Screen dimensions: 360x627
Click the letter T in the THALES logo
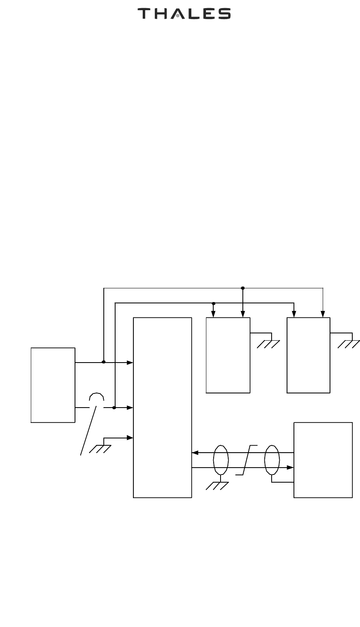tap(144, 14)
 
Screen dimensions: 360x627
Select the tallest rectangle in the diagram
tap(162, 407)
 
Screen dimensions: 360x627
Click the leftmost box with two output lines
tap(53, 385)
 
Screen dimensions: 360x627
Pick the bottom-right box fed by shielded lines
tap(323, 460)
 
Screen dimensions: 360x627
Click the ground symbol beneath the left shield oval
tap(217, 486)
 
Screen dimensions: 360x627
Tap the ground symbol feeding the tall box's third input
tap(101, 449)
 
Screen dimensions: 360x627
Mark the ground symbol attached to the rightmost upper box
tap(349, 344)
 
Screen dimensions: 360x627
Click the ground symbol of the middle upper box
tap(268, 344)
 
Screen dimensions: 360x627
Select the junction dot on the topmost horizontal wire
tap(242, 288)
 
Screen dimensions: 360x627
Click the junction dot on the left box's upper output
tap(104, 362)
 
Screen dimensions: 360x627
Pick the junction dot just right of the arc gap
tap(114, 407)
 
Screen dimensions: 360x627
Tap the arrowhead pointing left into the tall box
tap(195, 453)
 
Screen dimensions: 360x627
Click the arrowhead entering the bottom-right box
tap(290, 468)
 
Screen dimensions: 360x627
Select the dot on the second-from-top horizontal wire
tap(214, 303)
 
